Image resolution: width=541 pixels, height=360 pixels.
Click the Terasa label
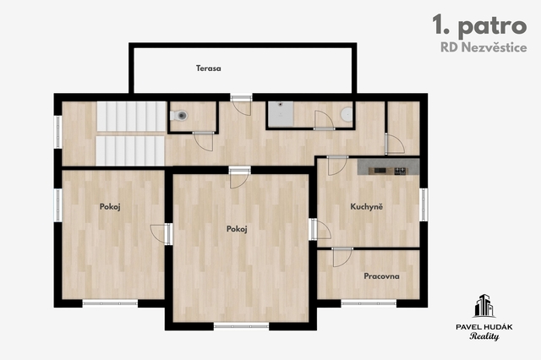(209, 68)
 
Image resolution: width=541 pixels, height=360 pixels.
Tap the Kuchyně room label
(366, 206)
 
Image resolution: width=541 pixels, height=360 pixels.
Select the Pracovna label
(381, 276)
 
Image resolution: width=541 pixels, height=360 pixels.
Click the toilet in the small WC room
(178, 116)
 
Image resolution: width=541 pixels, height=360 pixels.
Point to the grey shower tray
(281, 114)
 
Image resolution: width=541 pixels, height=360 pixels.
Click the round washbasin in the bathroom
(347, 114)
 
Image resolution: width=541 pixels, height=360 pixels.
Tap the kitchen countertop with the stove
(389, 166)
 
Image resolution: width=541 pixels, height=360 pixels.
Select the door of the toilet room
(203, 141)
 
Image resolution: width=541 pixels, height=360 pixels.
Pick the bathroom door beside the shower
(324, 120)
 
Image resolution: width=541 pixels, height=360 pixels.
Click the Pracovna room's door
(342, 257)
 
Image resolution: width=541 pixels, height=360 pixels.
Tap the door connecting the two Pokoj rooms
(161, 234)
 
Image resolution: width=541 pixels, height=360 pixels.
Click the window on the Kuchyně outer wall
(424, 205)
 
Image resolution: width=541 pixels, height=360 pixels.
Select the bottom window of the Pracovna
(369, 303)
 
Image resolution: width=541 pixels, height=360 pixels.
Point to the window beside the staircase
(58, 132)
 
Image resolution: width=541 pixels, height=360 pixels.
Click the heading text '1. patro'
(479, 25)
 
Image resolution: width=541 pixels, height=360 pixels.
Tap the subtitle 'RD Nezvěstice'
(484, 47)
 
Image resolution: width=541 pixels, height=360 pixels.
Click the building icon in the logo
(484, 306)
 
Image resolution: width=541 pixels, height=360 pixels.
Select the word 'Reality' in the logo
(484, 336)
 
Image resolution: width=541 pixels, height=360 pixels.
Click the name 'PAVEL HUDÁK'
(484, 327)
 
